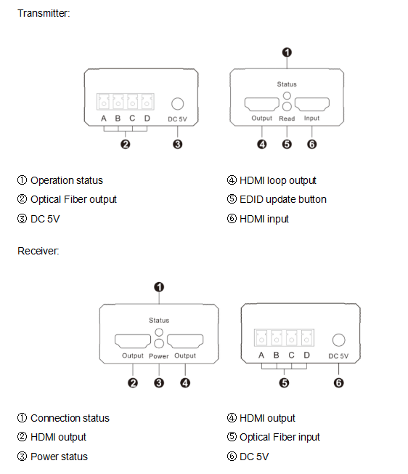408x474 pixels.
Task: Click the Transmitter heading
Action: point(44,13)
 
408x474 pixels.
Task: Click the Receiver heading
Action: point(38,251)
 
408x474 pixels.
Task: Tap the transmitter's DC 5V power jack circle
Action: point(177,104)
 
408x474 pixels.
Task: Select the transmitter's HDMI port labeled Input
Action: point(311,104)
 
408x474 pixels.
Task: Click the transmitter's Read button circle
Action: point(287,106)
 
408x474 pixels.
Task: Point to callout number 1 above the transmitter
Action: point(287,52)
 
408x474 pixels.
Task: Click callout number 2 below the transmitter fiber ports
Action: point(126,144)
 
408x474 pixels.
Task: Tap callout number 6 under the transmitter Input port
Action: point(311,144)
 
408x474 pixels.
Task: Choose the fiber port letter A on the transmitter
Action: point(104,118)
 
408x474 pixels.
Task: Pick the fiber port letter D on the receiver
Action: point(306,355)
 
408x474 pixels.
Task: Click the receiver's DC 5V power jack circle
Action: point(338,340)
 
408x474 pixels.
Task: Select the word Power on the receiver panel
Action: point(159,356)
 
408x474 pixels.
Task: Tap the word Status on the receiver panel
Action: point(159,320)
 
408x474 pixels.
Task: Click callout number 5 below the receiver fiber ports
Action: point(284,383)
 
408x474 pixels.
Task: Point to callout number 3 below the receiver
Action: point(159,383)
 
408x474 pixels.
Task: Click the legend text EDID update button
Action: point(283,199)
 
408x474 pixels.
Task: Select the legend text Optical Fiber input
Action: point(280,437)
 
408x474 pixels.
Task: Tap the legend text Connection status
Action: point(70,418)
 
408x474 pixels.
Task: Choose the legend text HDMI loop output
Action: point(278,180)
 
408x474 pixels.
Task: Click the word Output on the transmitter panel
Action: point(261,118)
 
